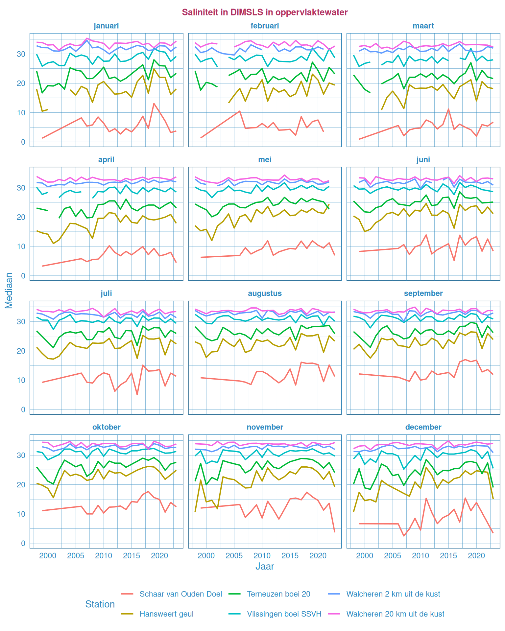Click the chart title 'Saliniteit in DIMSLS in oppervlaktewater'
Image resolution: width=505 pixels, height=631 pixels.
[x=265, y=12]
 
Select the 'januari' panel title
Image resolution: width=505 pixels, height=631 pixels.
[x=106, y=26]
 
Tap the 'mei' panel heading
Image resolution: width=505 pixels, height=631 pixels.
[x=265, y=160]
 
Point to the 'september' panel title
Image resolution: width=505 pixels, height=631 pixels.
[x=423, y=293]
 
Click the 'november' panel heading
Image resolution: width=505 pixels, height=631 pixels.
[x=265, y=427]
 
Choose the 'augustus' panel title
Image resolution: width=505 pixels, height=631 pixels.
[x=265, y=293]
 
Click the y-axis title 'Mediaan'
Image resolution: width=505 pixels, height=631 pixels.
[x=9, y=291]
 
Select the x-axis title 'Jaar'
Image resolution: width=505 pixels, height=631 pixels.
[x=265, y=566]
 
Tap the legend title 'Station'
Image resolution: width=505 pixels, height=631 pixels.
[x=100, y=604]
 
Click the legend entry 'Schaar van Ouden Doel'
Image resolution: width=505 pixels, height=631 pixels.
[x=180, y=594]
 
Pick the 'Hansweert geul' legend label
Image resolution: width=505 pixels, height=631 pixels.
[x=166, y=614]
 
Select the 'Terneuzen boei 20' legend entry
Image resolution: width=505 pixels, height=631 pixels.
[x=278, y=594]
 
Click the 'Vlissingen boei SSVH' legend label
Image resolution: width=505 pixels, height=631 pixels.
[x=284, y=614]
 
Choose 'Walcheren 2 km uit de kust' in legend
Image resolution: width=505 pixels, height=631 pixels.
[x=393, y=594]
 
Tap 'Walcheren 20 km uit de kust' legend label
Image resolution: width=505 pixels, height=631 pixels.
[x=395, y=614]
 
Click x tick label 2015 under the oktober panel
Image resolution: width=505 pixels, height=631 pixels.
[x=132, y=556]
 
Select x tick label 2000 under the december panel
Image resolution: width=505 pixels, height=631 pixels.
[x=365, y=556]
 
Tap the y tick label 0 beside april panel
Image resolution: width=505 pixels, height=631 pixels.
[x=23, y=276]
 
